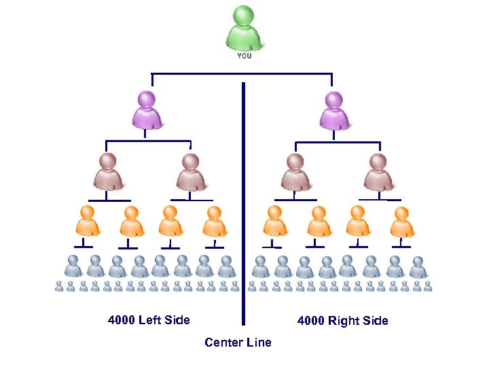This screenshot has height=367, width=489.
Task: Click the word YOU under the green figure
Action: tap(244, 56)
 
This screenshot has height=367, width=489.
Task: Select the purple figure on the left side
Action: tap(147, 110)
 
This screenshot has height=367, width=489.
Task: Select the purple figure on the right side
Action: tap(334, 110)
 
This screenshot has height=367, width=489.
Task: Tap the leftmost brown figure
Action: tap(108, 171)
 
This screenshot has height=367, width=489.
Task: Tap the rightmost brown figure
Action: tap(378, 171)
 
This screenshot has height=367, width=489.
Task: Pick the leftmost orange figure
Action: tap(86, 221)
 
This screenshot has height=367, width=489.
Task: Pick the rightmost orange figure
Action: tap(402, 221)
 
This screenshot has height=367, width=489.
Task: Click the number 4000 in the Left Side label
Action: tap(122, 320)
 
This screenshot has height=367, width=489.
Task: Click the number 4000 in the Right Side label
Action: tap(311, 321)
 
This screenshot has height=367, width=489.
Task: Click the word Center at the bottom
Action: tap(222, 343)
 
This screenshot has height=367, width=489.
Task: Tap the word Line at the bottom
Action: tap(259, 343)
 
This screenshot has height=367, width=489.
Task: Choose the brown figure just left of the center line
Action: tap(192, 171)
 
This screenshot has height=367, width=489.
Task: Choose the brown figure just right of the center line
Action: tap(295, 171)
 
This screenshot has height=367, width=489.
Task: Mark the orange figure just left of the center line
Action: tap(215, 221)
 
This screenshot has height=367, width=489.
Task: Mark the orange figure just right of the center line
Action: tap(274, 221)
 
